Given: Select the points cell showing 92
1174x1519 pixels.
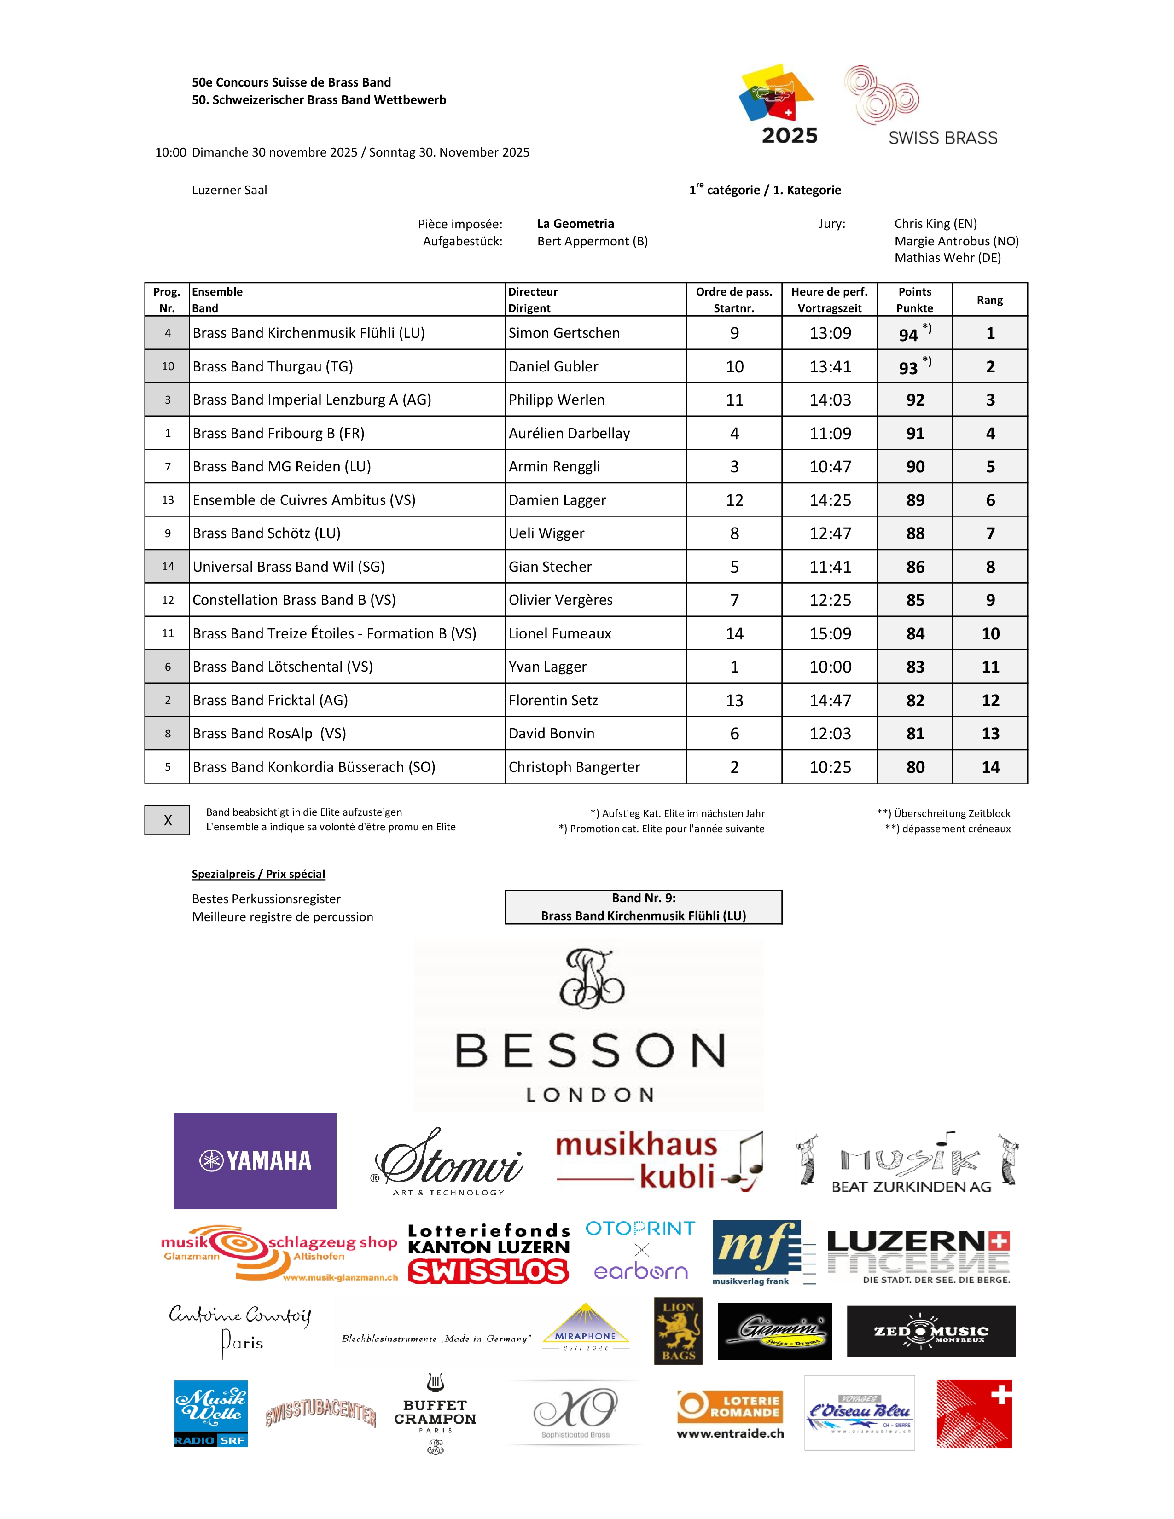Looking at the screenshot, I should pyautogui.click(x=915, y=400).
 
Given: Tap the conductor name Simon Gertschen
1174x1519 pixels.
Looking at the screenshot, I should pyautogui.click(x=564, y=333).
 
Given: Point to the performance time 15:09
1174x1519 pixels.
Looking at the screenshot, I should pyautogui.click(x=830, y=634).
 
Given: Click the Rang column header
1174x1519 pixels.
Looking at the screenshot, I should pyautogui.click(x=989, y=300).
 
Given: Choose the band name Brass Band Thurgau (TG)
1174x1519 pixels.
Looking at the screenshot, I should pyautogui.click(x=273, y=366).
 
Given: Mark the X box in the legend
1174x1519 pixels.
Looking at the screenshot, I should pyautogui.click(x=167, y=820).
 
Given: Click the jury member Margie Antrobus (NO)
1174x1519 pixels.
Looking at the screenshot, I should pyautogui.click(x=956, y=241).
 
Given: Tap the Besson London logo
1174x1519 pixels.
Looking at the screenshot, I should pyautogui.click(x=590, y=1026).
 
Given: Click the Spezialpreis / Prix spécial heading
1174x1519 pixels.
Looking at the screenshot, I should pyautogui.click(x=258, y=874).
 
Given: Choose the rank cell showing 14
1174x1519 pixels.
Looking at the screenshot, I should pyautogui.click(x=990, y=767).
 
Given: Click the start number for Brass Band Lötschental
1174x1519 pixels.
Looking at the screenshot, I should pyautogui.click(x=734, y=667).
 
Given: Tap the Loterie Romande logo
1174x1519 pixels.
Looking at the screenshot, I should pyautogui.click(x=730, y=1414).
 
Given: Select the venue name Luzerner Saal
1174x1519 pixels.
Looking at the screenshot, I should pyautogui.click(x=230, y=190).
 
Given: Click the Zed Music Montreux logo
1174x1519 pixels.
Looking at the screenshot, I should pyautogui.click(x=930, y=1331).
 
